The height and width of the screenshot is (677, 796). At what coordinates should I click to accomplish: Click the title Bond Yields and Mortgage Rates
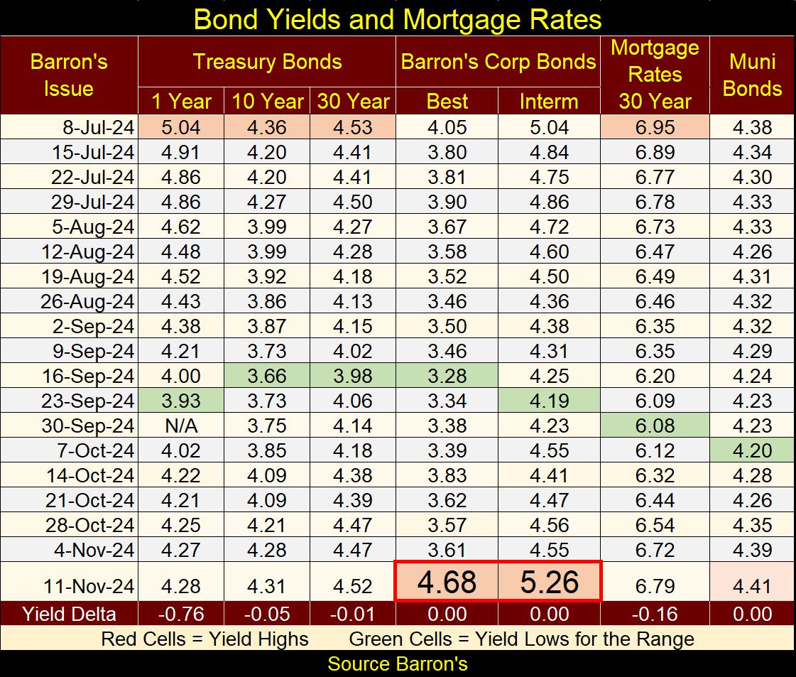pos(398,18)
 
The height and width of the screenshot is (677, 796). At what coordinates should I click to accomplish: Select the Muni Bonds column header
pos(752,75)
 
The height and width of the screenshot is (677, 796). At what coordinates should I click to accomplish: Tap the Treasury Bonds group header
pos(267,62)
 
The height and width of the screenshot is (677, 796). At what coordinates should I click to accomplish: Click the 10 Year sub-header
pos(267,102)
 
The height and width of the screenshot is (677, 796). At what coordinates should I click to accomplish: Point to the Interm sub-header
pos(549,102)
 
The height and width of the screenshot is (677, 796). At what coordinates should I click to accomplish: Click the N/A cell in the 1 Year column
pos(181,426)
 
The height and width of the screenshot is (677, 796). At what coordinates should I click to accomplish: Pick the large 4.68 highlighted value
pos(447,583)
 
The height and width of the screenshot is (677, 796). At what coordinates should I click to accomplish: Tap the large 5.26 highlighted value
pos(550,583)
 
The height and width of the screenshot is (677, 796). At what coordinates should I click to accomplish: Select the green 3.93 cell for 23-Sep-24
pos(181,401)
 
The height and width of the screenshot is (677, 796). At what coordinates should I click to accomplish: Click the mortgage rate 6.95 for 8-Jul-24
pos(655,127)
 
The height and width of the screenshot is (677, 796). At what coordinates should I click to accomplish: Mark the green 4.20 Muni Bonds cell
pos(752,450)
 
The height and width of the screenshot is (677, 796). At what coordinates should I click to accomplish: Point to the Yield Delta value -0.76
pos(181,614)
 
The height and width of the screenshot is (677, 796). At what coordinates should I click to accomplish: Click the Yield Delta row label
pos(70,614)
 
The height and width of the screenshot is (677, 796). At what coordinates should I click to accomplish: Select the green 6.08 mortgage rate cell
pos(655,426)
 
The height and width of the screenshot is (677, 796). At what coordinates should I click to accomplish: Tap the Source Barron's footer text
pos(398,664)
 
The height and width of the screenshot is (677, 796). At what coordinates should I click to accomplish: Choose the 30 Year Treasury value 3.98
pos(353,376)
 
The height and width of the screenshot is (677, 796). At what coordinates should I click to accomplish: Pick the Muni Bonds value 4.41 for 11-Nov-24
pos(752,587)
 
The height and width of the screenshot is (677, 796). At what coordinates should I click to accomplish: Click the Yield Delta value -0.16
pos(655,614)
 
